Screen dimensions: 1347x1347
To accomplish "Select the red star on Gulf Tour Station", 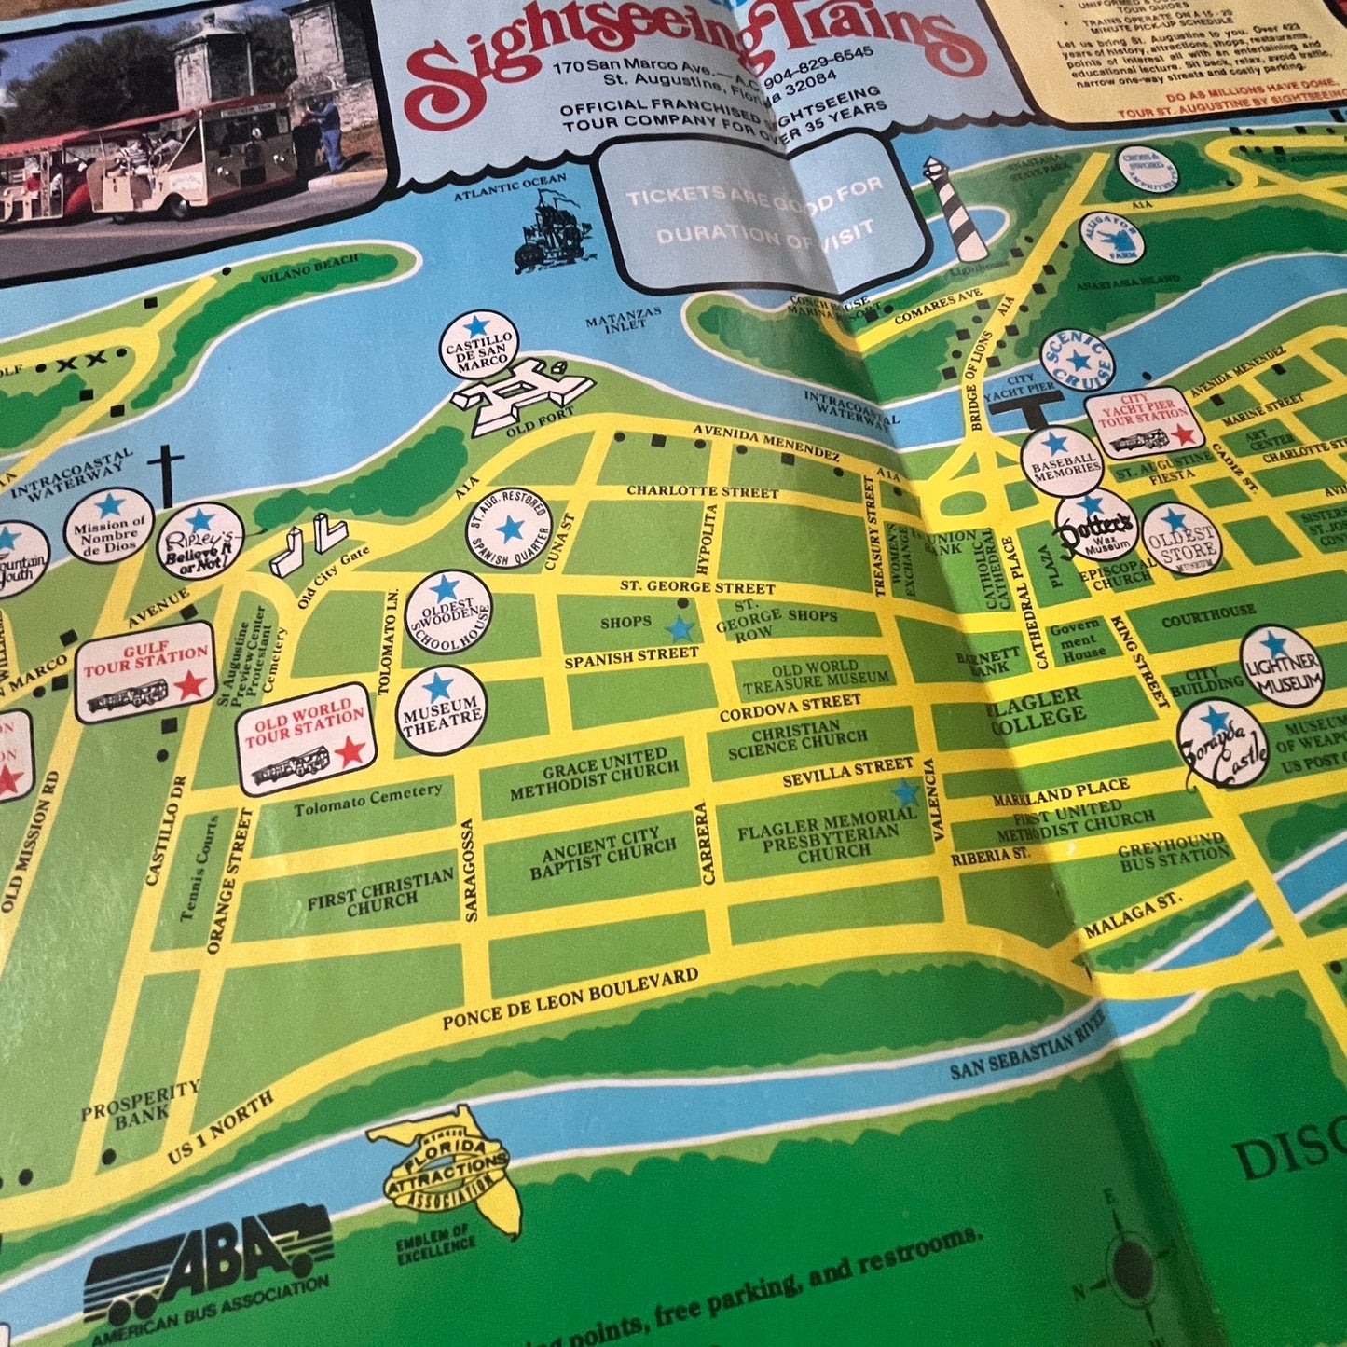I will pyautogui.click(x=190, y=685).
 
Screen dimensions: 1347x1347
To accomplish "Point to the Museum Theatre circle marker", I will pyautogui.click(x=442, y=709).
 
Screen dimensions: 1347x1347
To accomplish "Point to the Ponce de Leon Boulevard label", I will pyautogui.click(x=570, y=999).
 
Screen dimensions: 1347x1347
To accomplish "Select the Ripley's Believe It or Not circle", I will pyautogui.click(x=200, y=543).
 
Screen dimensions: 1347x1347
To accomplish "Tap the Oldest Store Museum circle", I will pyautogui.click(x=1179, y=539).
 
